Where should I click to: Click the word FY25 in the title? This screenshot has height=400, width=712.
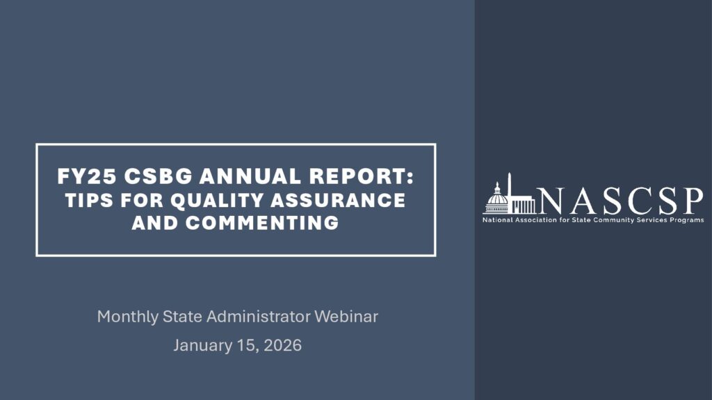point(86,176)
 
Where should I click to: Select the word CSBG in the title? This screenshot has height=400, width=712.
point(158,176)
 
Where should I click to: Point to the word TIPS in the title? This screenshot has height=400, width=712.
point(89,200)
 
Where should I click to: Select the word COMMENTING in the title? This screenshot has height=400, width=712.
point(262,223)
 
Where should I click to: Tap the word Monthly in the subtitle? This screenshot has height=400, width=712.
point(128,317)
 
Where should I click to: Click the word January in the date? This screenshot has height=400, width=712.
point(202,346)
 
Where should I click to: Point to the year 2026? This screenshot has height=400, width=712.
point(282,345)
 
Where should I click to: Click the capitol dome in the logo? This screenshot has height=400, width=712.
point(496,199)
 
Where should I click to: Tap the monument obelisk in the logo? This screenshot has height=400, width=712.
point(510,193)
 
